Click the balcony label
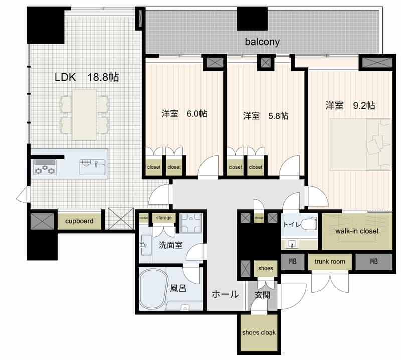pos(262,42)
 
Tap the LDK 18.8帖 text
pos(87,77)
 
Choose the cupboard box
pos(79,221)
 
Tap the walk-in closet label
pos(357,231)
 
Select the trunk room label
pos(330,261)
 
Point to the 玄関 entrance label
pos(262,295)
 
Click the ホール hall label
pos(225,294)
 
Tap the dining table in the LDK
pos(84,114)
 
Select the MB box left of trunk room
pos(291,261)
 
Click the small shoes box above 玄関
pos(265,268)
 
